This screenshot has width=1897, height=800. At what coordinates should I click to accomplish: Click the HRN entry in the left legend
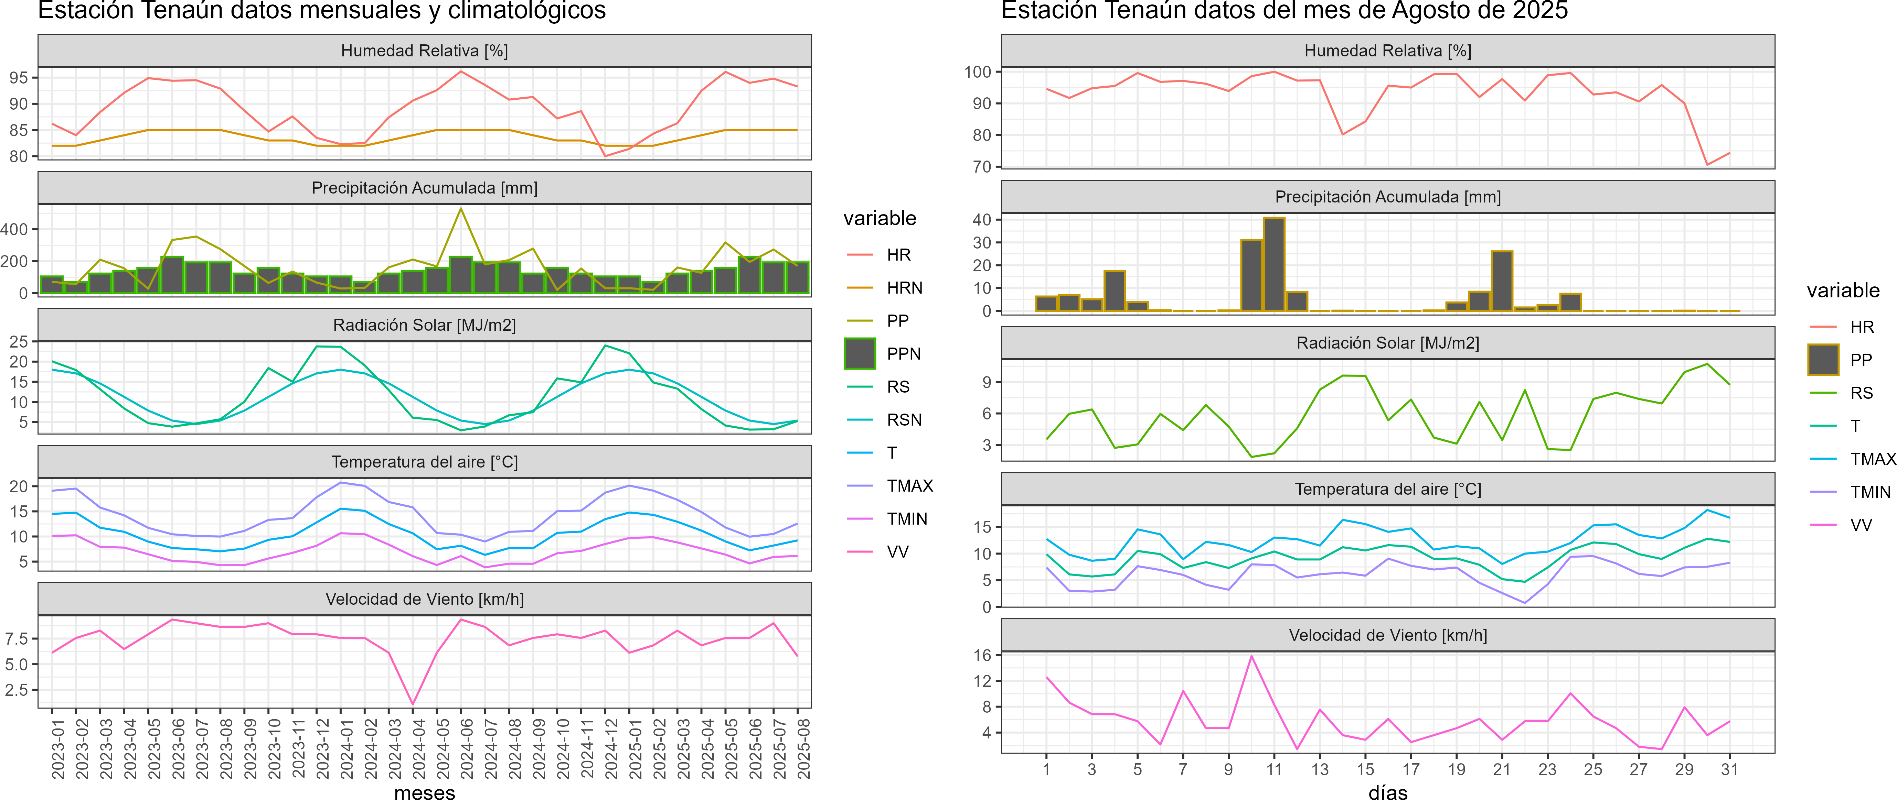[904, 288]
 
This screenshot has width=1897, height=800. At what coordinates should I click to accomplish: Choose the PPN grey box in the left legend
[860, 353]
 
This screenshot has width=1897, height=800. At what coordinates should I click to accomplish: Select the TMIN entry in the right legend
[1870, 492]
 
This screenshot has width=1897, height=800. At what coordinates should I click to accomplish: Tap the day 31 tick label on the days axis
[1729, 769]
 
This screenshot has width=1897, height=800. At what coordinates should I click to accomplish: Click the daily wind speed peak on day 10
[1251, 656]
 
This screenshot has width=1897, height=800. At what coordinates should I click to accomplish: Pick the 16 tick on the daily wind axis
[982, 655]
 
